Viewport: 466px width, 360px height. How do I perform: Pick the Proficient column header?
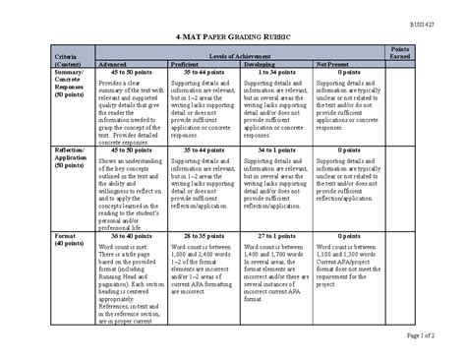coord(188,64)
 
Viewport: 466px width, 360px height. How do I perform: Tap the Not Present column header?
coord(333,64)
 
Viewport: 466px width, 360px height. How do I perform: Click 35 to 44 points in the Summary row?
coord(204,72)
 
